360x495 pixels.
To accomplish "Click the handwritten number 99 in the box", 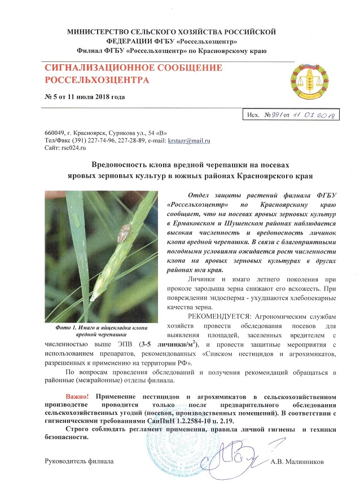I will tap(275, 116).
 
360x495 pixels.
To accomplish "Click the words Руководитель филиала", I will tap(79, 461).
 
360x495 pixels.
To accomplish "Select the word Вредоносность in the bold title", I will tap(118, 165).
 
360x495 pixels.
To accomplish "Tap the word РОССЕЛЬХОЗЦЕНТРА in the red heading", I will tap(97, 79).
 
